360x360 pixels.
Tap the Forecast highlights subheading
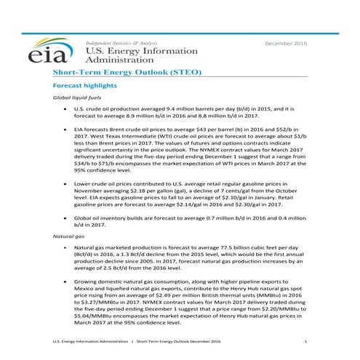click(87, 86)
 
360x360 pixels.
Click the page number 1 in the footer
click(305, 341)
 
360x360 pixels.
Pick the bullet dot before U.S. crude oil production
click(65, 109)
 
